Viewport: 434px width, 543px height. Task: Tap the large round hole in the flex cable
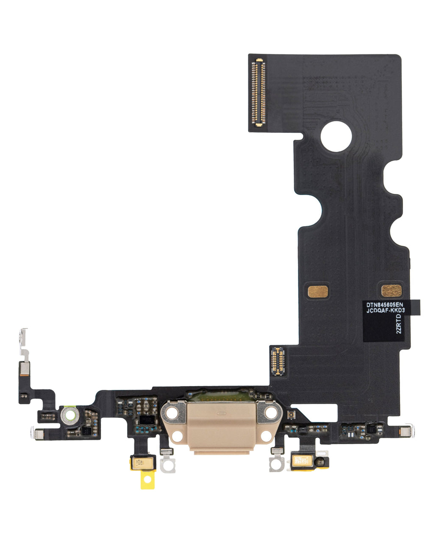click(336, 136)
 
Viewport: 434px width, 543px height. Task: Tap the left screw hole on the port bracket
click(173, 412)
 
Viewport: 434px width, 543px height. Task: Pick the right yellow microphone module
click(303, 461)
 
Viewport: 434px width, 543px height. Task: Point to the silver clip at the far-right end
click(406, 431)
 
